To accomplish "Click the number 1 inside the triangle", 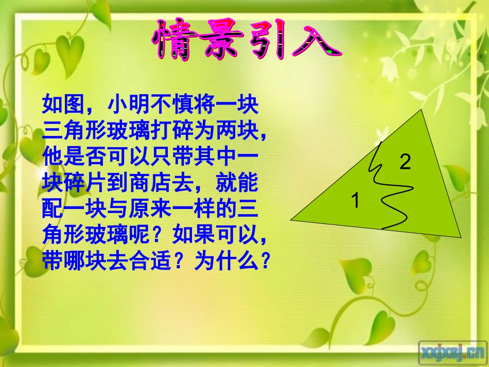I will click(355, 200).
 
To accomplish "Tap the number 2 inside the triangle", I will click(405, 162).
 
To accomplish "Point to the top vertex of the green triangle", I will click(421, 110).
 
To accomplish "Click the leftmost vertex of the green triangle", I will click(291, 220).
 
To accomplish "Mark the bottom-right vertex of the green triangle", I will click(461, 237).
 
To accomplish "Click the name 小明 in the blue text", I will click(128, 105).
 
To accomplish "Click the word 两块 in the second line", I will click(235, 131).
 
